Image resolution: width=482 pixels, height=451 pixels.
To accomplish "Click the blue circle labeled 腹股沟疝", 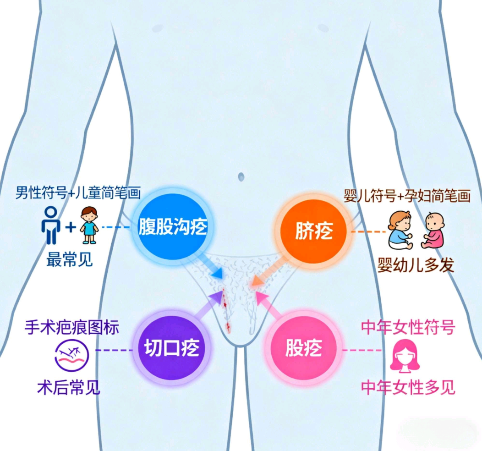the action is click(x=172, y=227).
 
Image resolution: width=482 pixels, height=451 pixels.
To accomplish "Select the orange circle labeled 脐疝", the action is click(x=313, y=231).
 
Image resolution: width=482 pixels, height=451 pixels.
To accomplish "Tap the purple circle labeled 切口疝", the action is click(x=171, y=347).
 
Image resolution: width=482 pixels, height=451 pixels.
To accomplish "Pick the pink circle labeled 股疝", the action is click(x=303, y=348).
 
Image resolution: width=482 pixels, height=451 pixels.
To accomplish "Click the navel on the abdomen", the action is click(x=241, y=177).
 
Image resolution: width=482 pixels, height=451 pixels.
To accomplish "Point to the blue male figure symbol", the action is click(x=51, y=225).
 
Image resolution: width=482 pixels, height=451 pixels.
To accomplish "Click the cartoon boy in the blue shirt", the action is click(x=89, y=225).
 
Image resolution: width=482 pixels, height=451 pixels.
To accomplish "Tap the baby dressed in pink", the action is click(x=433, y=230).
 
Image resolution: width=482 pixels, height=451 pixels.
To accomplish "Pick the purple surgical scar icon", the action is click(x=71, y=355).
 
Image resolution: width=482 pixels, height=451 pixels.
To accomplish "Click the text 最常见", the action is click(x=70, y=260).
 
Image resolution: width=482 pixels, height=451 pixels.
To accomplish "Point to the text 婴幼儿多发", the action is click(x=416, y=265).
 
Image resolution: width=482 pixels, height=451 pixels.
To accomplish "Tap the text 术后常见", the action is click(x=69, y=387).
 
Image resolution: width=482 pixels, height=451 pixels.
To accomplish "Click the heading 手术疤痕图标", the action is click(x=72, y=327).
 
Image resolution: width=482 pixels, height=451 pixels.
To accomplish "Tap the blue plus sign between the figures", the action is click(x=71, y=227).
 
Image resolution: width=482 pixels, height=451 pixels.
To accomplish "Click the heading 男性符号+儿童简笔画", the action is click(x=78, y=193).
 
